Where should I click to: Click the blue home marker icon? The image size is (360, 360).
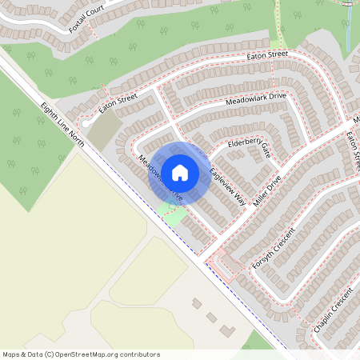180,172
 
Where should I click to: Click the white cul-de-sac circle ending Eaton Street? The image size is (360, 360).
86,124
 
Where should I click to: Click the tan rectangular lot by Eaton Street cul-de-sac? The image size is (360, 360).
102,133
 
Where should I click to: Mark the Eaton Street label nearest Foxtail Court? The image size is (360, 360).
267,55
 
